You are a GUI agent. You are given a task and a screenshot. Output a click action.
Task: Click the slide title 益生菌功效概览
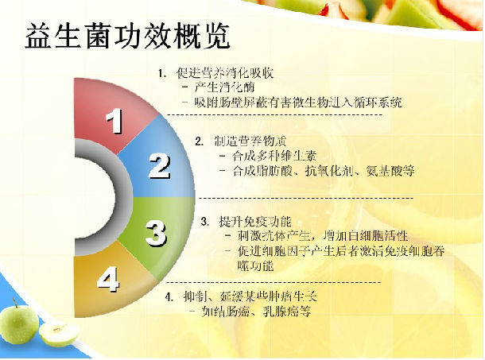pyautogui.click(x=127, y=37)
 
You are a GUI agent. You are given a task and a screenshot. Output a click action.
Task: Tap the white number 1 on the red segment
pyautogui.click(x=114, y=121)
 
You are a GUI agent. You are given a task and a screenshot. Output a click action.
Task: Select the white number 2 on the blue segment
pyautogui.click(x=159, y=166)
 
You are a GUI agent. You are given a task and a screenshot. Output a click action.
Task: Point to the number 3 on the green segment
pyautogui.click(x=157, y=233)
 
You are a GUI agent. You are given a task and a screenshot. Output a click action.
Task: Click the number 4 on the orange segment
pyautogui.click(x=108, y=280)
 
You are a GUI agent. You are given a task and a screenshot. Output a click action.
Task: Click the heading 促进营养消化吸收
pyautogui.click(x=225, y=73)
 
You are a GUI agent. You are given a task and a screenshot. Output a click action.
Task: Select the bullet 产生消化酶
pyautogui.click(x=224, y=87)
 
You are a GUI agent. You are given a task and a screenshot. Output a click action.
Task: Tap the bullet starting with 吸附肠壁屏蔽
pyautogui.click(x=298, y=103)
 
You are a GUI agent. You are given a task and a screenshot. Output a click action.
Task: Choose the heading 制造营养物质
pyautogui.click(x=250, y=141)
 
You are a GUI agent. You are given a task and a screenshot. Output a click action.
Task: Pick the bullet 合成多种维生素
pyautogui.click(x=274, y=156)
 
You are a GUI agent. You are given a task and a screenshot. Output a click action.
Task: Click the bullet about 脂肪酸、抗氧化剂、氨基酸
pyautogui.click(x=324, y=171)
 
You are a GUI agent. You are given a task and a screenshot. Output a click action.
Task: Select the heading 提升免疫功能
pyautogui.click(x=255, y=222)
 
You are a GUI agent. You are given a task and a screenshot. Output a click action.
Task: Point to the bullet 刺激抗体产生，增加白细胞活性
pyautogui.click(x=323, y=236)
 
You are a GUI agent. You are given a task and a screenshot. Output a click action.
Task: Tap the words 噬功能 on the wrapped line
pyautogui.click(x=255, y=266)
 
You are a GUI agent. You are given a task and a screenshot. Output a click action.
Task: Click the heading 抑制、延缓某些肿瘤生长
pyautogui.click(x=250, y=297)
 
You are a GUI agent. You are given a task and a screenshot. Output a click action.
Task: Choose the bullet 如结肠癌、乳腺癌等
pyautogui.click(x=256, y=312)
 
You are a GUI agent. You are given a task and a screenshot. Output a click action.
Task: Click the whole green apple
pyautogui.click(x=18, y=322)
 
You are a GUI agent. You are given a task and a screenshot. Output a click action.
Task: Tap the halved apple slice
pyautogui.click(x=59, y=334)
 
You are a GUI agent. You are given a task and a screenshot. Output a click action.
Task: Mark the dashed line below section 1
pyautogui.click(x=274, y=115)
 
